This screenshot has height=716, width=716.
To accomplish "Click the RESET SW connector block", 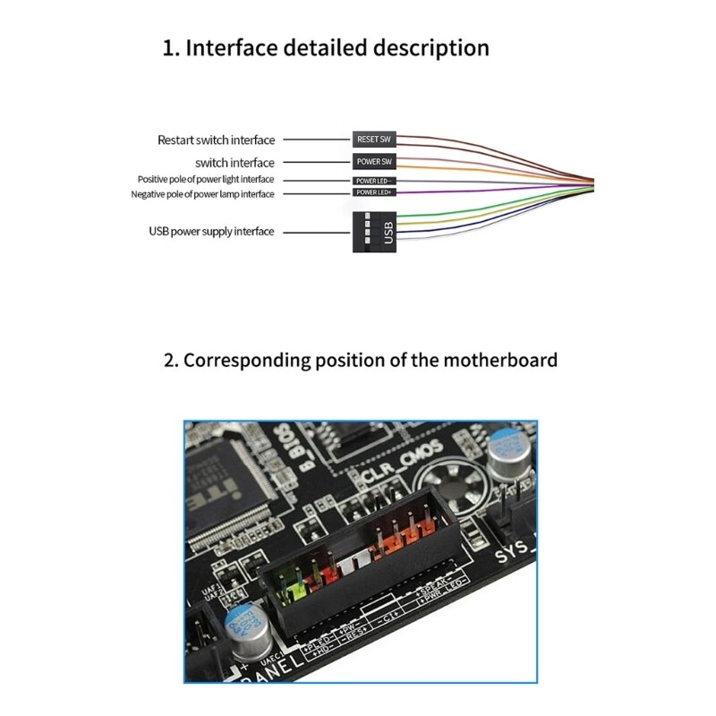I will point(374,140).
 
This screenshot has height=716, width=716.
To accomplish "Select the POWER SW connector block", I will point(374,162).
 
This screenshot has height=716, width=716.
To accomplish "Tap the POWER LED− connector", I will point(374,181).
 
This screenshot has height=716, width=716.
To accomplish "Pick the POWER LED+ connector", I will point(374,192).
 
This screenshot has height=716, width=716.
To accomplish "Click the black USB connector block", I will point(374,232).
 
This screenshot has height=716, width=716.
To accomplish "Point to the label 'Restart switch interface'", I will point(217,140).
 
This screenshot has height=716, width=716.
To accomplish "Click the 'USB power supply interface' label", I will point(211,232).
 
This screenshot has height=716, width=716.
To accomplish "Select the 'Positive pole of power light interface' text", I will point(206,180).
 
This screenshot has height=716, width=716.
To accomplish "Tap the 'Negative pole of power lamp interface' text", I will point(203,194).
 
